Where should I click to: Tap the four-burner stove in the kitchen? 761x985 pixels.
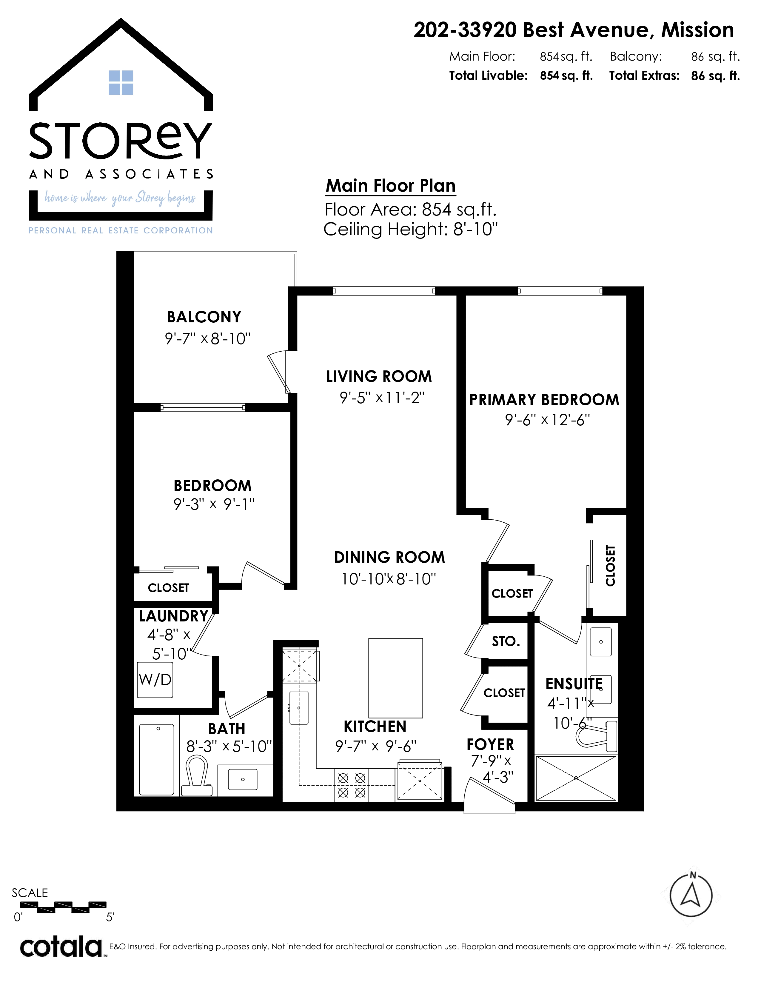(352, 785)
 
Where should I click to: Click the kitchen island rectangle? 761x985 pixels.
(396, 678)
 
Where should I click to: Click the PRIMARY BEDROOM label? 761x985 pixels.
(544, 400)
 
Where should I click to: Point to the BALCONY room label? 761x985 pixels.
(204, 317)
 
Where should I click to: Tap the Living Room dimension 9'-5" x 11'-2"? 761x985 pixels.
(382, 398)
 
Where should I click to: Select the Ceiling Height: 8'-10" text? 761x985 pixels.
(411, 230)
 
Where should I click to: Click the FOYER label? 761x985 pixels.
(490, 744)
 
